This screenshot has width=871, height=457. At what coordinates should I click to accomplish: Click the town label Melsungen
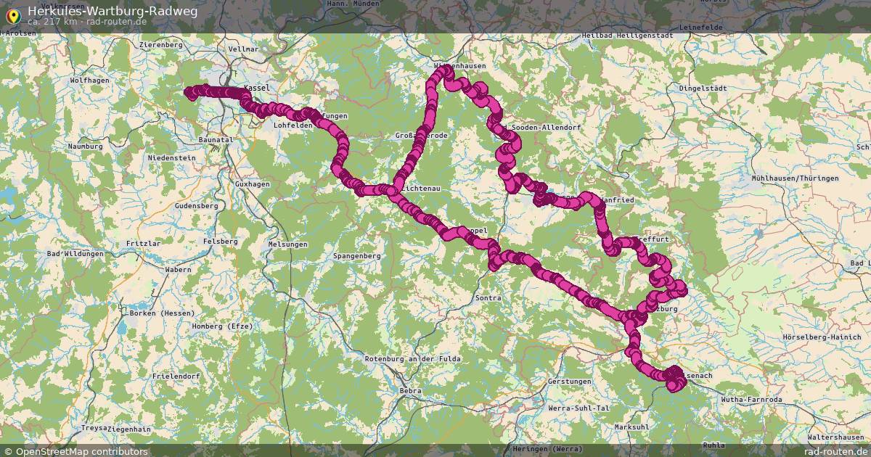[x=287, y=245]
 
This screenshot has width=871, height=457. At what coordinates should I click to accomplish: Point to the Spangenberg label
[x=356, y=256]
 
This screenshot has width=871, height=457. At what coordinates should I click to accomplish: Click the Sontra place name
[x=488, y=298]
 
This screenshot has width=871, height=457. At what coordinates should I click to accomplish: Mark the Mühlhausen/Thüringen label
[x=795, y=178]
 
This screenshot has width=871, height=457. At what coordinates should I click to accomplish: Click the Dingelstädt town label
[x=702, y=88]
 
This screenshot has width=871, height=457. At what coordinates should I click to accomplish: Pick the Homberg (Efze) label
[x=222, y=326]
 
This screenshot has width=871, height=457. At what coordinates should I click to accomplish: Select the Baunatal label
[x=216, y=139]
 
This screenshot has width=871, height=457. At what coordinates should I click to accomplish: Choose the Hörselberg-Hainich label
[x=821, y=337]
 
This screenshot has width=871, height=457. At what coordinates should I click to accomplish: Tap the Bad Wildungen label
[x=75, y=254]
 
